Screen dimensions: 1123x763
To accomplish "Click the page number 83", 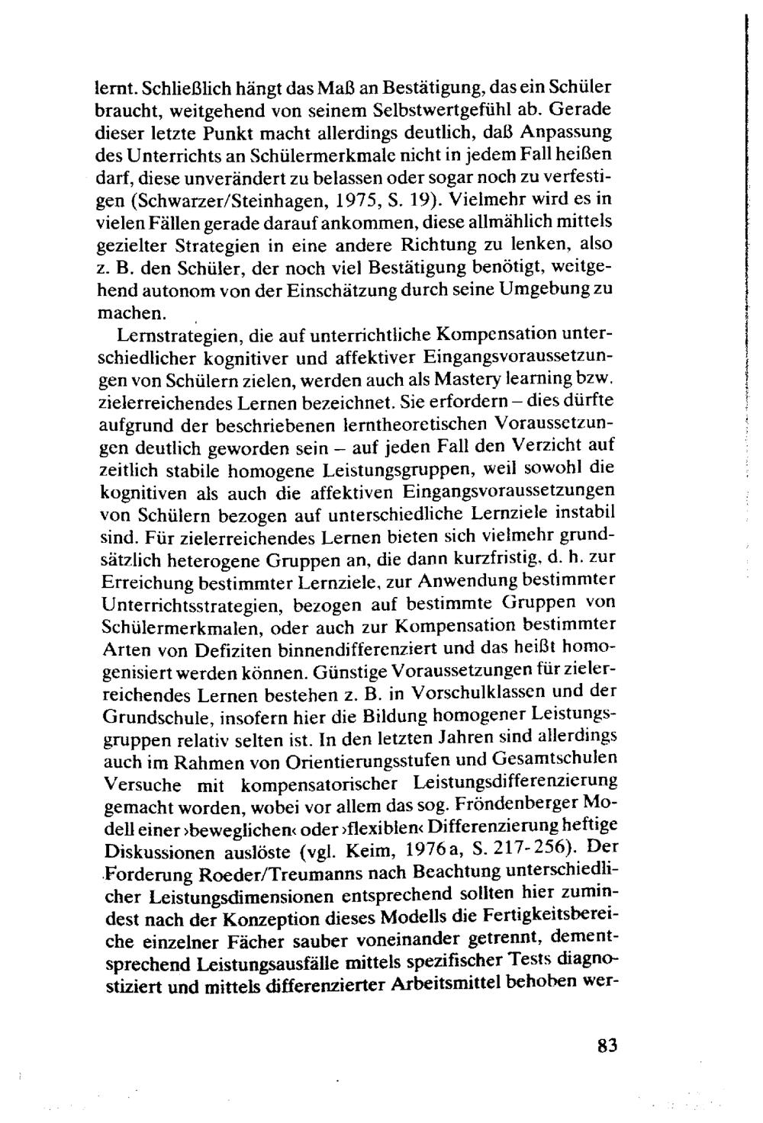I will pos(607,1045).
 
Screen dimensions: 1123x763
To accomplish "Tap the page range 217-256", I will pos(528,849).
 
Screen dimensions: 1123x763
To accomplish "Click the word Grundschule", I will pos(153,717).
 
